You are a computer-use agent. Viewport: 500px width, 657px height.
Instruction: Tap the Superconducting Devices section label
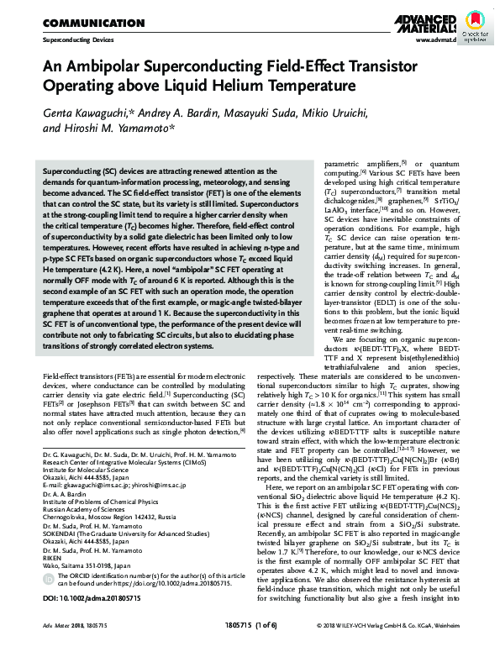coord(74,39)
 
